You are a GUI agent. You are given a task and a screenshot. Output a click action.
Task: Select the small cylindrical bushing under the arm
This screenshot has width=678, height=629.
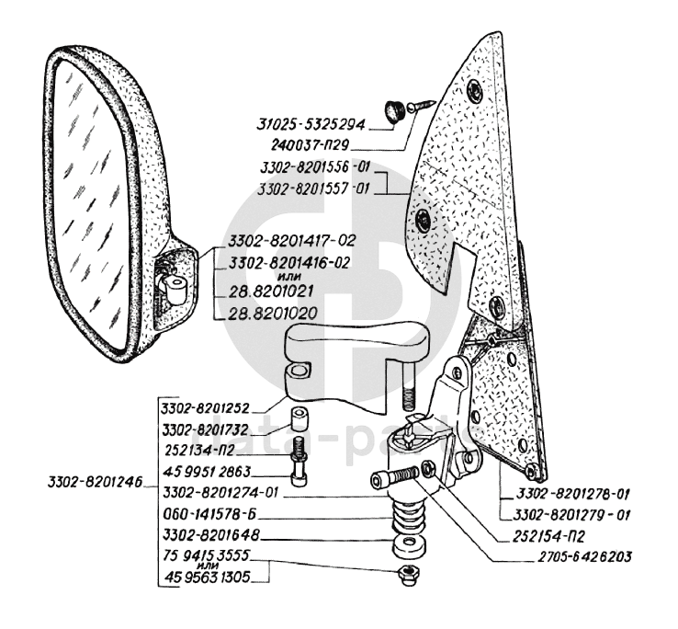(298, 420)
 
